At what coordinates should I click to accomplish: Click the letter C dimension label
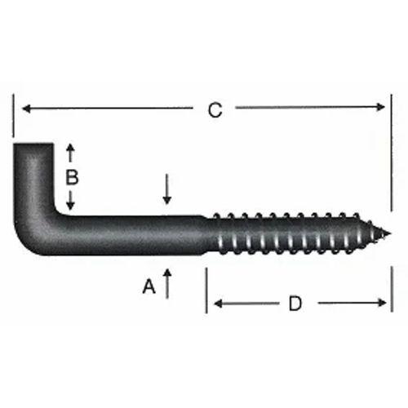(x=215, y=110)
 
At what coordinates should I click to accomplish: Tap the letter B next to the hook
(x=71, y=176)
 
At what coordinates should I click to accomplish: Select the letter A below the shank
(x=149, y=286)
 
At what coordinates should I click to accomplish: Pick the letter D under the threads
(x=295, y=304)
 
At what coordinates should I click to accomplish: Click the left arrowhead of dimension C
(x=25, y=108)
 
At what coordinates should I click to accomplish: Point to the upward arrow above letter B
(x=71, y=151)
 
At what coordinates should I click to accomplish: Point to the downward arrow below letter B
(x=71, y=203)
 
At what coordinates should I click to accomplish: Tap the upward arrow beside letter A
(x=167, y=282)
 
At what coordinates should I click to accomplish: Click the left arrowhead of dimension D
(x=218, y=304)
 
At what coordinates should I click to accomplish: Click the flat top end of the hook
(x=33, y=147)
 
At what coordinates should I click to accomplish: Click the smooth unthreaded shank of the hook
(x=139, y=235)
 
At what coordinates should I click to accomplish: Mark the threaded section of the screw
(x=294, y=236)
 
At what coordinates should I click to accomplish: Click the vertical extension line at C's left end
(x=14, y=118)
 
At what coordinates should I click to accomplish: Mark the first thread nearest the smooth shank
(x=216, y=235)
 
